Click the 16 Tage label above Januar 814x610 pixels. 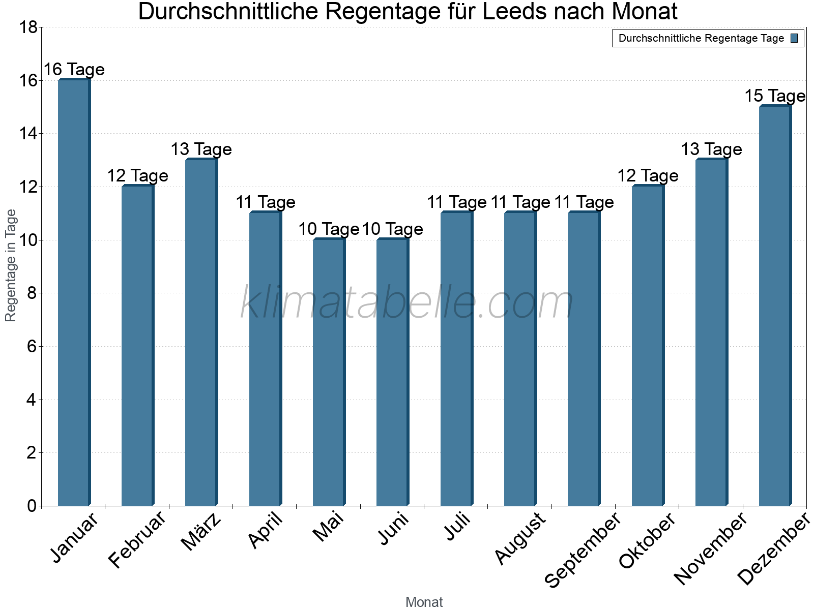[x=74, y=70]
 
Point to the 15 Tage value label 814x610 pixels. [x=775, y=96]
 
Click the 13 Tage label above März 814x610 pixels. [x=201, y=149]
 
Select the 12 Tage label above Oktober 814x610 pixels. [x=648, y=176]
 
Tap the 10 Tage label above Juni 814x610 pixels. [x=393, y=229]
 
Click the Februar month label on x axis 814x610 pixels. [x=137, y=540]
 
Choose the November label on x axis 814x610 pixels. [x=710, y=549]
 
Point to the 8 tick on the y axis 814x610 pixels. [x=32, y=293]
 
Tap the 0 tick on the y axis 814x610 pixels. [x=32, y=506]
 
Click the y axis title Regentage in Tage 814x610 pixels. [x=11, y=265]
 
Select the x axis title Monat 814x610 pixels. [x=424, y=602]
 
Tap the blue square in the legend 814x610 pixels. [x=795, y=38]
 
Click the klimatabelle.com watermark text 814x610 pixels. [x=407, y=303]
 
